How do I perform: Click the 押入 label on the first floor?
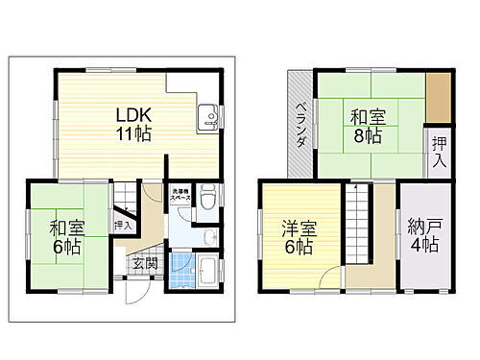(x=123, y=225)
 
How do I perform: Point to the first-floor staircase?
(x=126, y=198)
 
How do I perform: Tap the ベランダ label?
(x=300, y=126)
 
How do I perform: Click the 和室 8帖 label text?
(x=366, y=127)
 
